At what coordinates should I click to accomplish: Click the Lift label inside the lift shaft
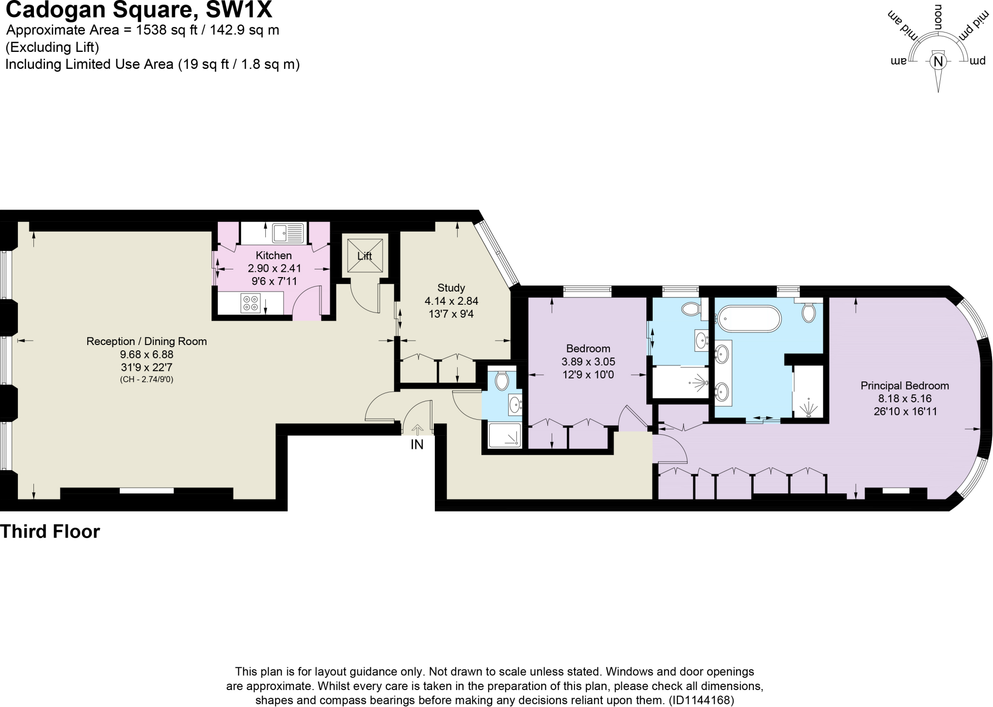click(x=365, y=256)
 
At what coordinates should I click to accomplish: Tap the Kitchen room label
click(x=274, y=255)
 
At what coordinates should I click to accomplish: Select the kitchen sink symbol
click(x=288, y=233)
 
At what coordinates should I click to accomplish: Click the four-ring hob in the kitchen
click(x=251, y=303)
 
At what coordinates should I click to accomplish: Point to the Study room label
click(x=451, y=287)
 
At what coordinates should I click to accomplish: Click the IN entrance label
click(x=417, y=444)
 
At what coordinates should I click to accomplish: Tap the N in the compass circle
click(x=938, y=62)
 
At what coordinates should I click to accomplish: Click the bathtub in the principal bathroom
click(x=750, y=318)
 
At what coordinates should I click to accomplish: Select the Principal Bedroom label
click(x=905, y=386)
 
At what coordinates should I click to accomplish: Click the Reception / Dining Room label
click(x=146, y=341)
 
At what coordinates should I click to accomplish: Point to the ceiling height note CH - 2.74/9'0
click(x=146, y=379)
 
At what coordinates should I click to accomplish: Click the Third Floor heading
click(x=50, y=532)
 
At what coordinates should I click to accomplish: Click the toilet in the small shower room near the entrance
click(x=502, y=381)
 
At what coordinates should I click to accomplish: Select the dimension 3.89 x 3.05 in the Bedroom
click(x=588, y=362)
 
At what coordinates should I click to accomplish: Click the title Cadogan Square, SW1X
click(x=139, y=10)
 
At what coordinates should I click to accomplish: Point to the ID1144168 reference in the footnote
click(x=702, y=700)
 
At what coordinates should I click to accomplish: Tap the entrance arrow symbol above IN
click(x=417, y=429)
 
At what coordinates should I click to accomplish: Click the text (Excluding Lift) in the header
click(x=52, y=48)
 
